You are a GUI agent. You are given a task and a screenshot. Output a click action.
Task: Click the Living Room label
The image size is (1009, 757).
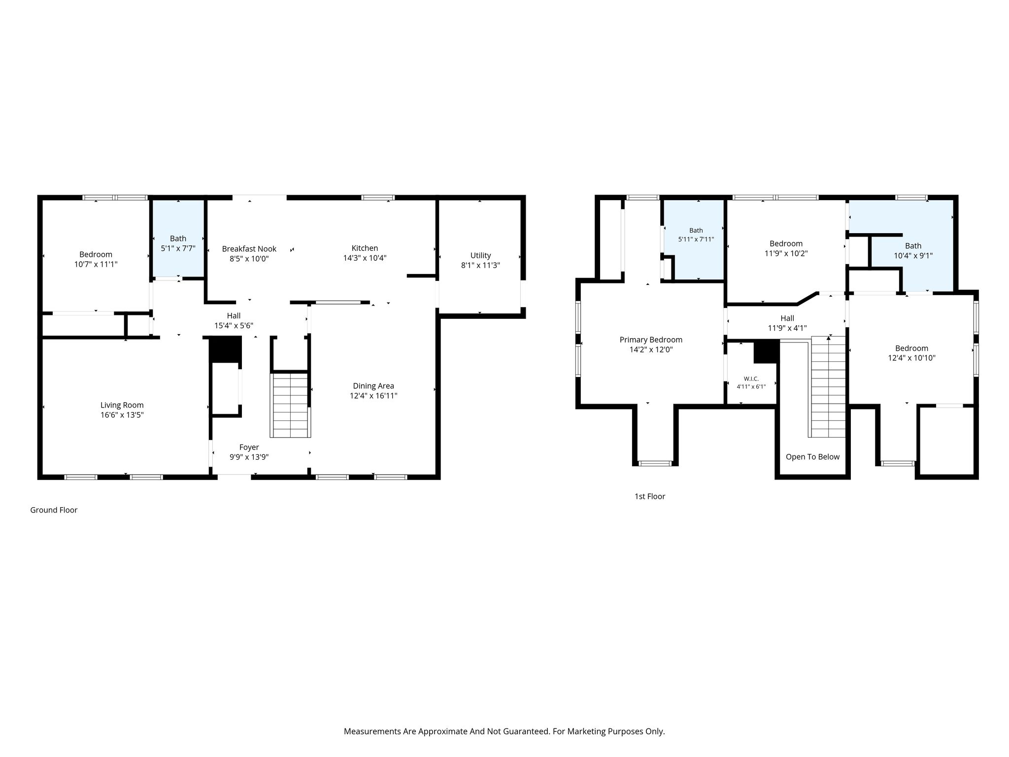(122, 405)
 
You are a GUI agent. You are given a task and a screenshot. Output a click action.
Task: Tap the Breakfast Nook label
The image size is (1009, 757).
(249, 249)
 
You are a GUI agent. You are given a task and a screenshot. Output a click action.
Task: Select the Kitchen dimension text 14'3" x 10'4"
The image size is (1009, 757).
(365, 258)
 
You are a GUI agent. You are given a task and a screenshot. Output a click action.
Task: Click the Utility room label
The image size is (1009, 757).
(480, 255)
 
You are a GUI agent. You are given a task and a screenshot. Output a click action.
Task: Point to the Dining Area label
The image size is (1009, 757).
(373, 386)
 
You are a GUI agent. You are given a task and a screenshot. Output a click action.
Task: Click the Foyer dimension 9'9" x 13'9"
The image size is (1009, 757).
(249, 457)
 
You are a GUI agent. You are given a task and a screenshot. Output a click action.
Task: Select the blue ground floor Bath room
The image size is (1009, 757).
(178, 238)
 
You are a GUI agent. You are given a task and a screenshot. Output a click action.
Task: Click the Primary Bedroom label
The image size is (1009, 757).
(651, 340)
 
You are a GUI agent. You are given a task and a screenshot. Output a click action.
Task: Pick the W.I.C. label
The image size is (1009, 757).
(751, 378)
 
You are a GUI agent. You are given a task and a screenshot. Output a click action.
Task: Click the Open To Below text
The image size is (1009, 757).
(812, 457)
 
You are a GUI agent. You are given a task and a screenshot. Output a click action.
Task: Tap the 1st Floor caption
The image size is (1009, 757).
(649, 496)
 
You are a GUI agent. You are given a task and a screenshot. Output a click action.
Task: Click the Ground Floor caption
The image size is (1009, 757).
(54, 510)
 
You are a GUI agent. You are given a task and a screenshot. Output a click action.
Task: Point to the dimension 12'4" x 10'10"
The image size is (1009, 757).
(911, 358)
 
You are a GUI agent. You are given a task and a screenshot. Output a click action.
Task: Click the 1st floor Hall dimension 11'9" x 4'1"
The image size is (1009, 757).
(787, 328)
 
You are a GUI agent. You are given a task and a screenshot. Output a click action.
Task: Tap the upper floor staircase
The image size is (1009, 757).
(828, 387)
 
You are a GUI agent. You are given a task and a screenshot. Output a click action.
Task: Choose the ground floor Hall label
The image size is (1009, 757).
(234, 315)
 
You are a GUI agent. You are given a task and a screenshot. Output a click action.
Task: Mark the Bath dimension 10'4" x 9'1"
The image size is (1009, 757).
(913, 255)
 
